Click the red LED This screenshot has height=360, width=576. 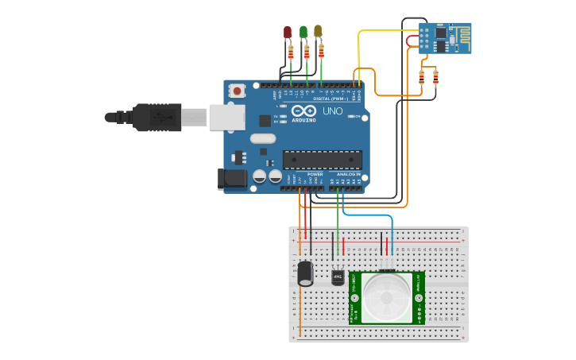288,32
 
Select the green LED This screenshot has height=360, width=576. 303,31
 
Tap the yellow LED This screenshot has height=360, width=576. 318,30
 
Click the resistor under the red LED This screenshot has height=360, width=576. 291,52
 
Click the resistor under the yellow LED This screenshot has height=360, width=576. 321,51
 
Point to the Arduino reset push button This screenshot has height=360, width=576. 238,91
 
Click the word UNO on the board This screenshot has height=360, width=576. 333,111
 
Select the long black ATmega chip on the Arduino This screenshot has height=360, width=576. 322,160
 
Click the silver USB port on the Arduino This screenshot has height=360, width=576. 226,118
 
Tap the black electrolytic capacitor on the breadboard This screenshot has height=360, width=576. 305,273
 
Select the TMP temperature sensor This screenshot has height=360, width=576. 337,277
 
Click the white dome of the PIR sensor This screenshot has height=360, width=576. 387,299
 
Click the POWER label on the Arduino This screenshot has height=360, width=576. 315,173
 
